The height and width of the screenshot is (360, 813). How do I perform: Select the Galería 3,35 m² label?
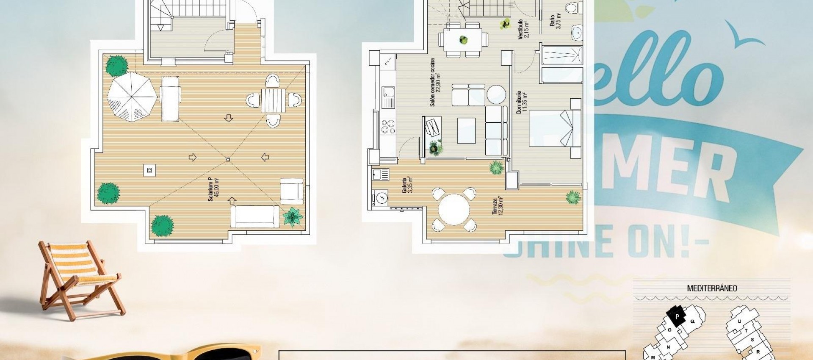tap(407, 186)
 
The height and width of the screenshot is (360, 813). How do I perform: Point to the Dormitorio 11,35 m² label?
tap(522, 102)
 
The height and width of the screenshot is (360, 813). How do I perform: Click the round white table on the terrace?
tap(454, 210)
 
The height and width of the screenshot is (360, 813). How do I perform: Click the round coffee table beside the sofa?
tap(496, 94)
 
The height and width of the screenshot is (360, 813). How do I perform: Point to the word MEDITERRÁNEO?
tap(712, 288)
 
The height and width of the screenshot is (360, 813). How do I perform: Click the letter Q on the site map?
tap(693, 321)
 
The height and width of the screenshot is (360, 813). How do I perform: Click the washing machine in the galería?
tap(381, 197)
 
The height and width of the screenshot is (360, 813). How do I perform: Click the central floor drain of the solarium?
tap(228, 159)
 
